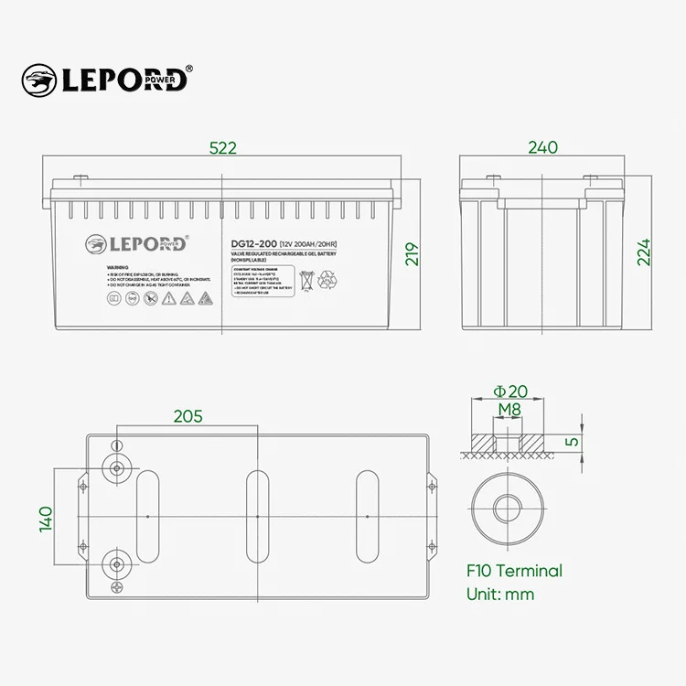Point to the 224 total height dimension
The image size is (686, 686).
click(644, 253)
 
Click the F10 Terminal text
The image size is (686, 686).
click(515, 571)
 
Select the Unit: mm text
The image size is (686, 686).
click(500, 594)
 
